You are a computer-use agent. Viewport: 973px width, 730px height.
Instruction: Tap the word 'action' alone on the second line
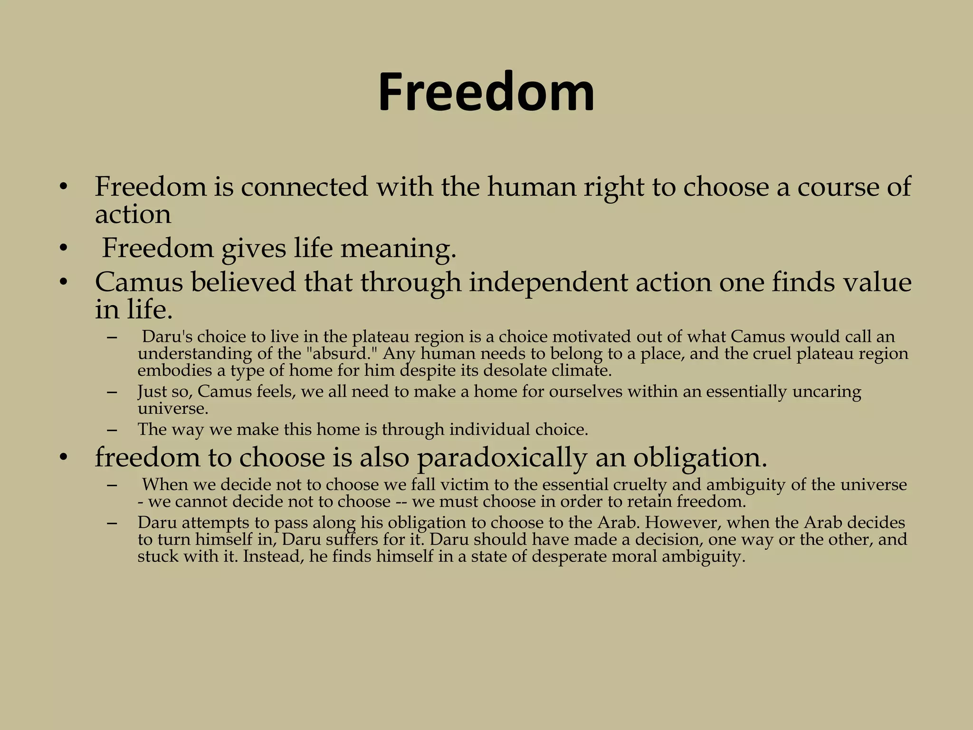pyautogui.click(x=133, y=215)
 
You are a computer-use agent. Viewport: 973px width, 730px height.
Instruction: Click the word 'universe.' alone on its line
pyautogui.click(x=173, y=408)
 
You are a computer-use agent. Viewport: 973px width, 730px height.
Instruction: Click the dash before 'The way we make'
pyautogui.click(x=112, y=430)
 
